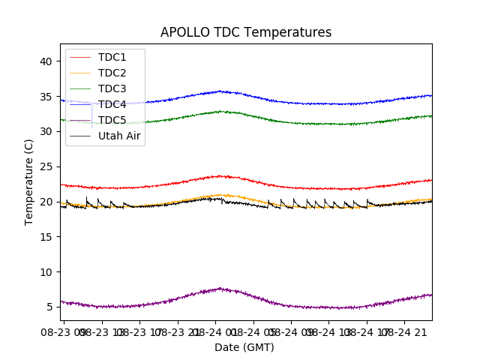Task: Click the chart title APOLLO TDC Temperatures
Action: [x=246, y=32]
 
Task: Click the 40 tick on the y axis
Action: [x=46, y=61]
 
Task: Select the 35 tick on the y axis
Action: [x=46, y=97]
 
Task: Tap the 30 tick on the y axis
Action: [x=46, y=131]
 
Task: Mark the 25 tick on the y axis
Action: [x=46, y=166]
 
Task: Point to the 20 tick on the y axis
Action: [x=46, y=202]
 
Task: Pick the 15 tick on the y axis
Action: [x=46, y=237]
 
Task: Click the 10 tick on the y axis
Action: [x=46, y=271]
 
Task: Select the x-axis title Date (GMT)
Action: [x=244, y=347]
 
